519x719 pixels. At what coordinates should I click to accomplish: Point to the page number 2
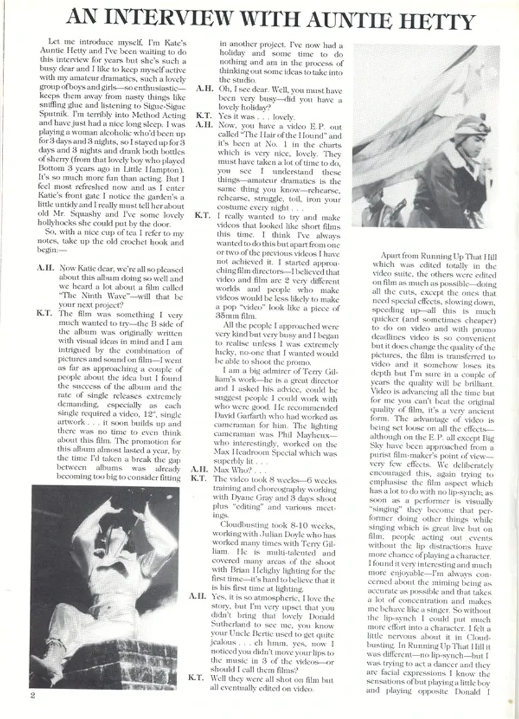tap(32, 696)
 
